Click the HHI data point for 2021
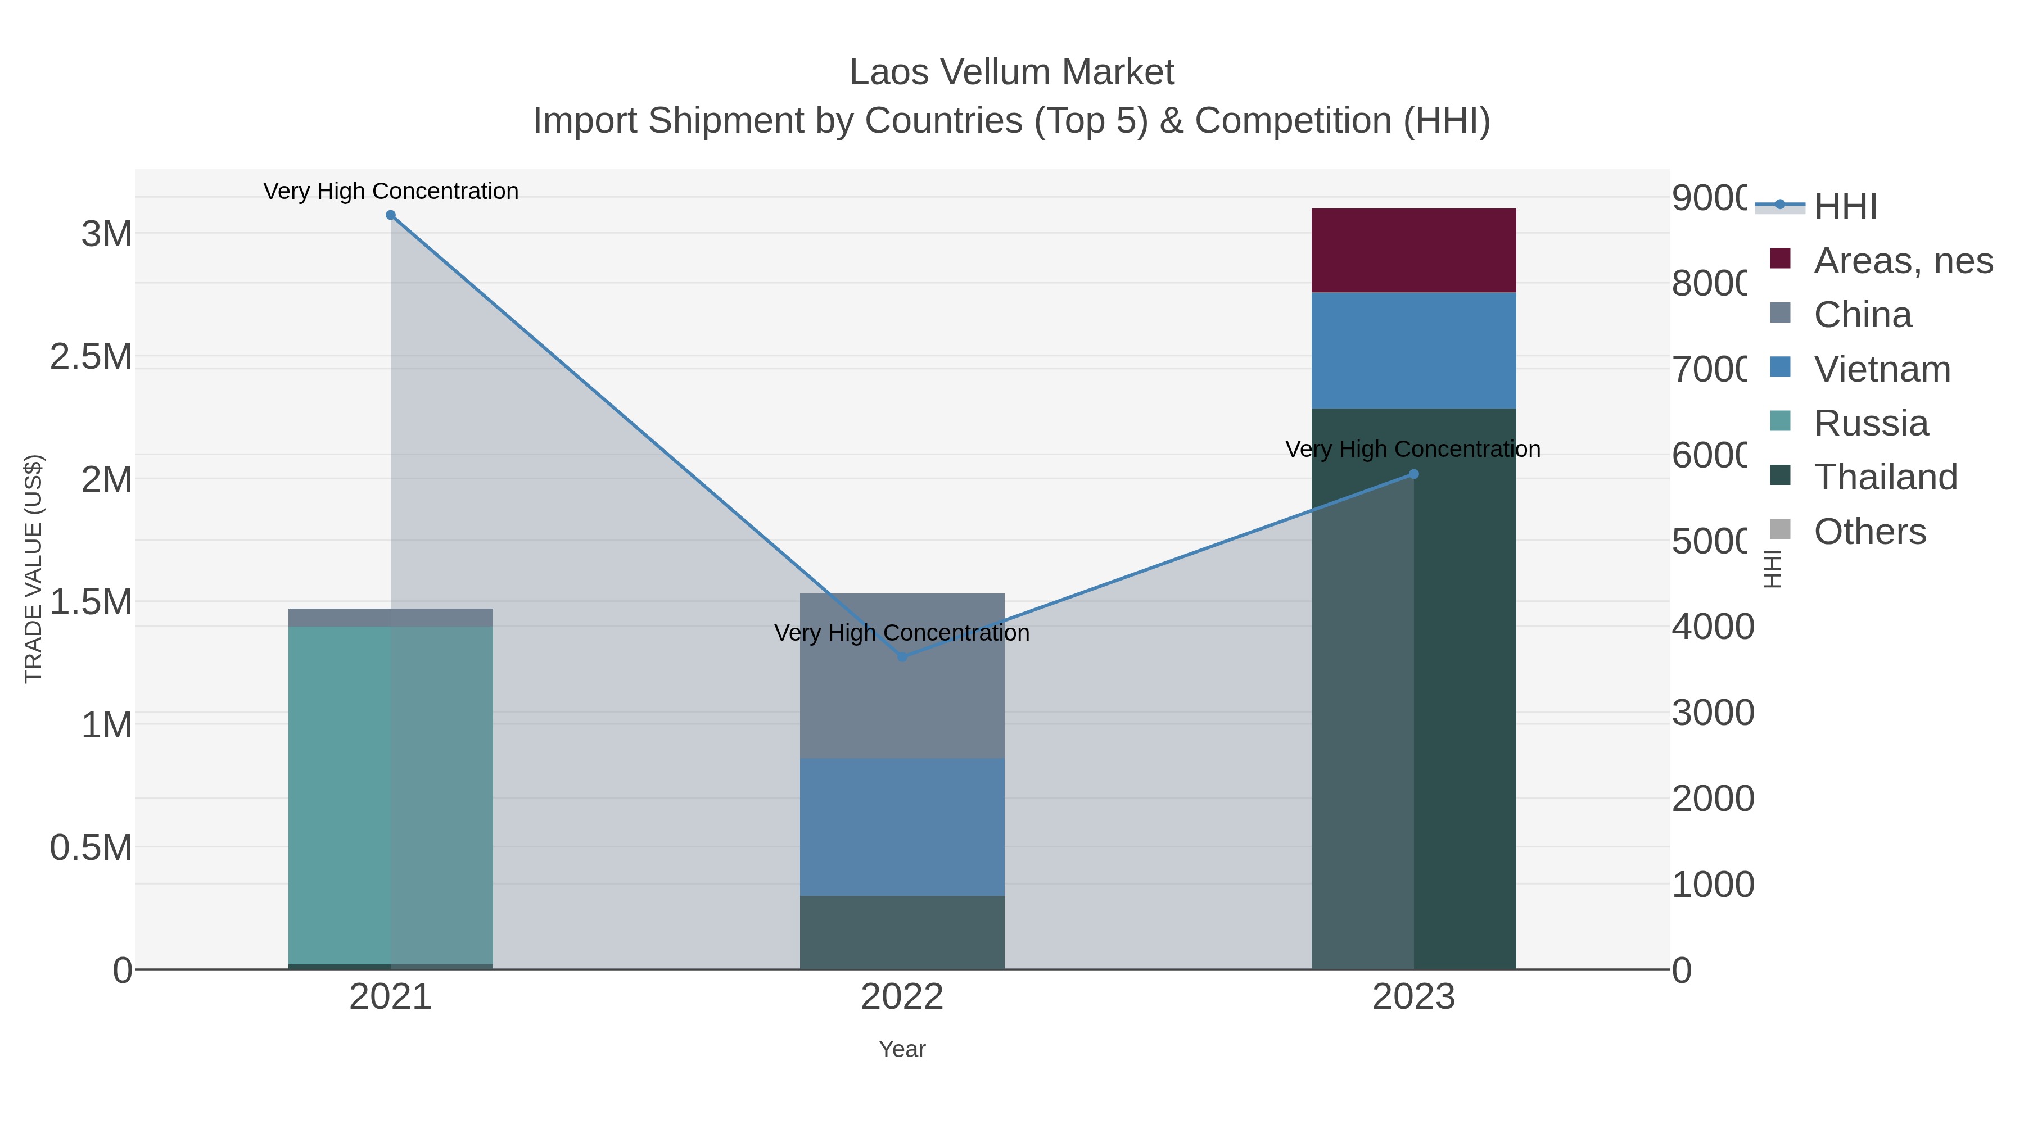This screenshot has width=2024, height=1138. coord(391,215)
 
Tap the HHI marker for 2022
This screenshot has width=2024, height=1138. coord(902,656)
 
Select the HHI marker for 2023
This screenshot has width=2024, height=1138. coord(1413,474)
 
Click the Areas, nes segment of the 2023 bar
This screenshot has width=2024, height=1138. coord(1413,251)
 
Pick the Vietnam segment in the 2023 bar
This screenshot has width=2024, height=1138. coord(1413,350)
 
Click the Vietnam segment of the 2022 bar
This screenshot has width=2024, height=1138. coord(902,826)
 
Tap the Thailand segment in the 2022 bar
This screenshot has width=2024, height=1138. coord(902,932)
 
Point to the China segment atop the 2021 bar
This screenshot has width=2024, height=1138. coord(391,617)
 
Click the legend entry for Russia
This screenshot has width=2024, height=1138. coord(1870,423)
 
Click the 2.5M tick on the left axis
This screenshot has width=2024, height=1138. coord(91,356)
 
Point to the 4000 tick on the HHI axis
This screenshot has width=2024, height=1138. coord(1711,627)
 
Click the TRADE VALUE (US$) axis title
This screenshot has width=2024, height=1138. coord(34,569)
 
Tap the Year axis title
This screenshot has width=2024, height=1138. coord(902,1049)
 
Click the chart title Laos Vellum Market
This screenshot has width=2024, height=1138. coord(1011,73)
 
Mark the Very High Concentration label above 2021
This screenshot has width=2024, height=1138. coord(391,192)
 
